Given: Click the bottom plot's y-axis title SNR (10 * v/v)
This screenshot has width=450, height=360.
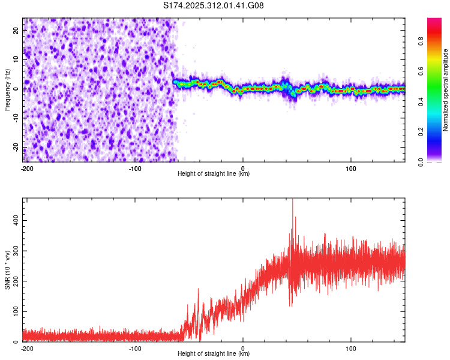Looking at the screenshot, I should pos(7,271).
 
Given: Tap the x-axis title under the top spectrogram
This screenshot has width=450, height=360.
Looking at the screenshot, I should pos(214,173).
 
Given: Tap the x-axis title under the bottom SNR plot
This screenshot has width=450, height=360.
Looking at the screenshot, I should pos(214,353).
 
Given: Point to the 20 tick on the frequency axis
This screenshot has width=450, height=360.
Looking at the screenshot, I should pos(17,30).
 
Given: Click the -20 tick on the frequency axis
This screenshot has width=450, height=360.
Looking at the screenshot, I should pos(16,148).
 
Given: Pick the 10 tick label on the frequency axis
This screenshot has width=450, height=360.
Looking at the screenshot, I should pos(17,59).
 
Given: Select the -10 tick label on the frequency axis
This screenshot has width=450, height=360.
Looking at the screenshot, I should pos(16,118).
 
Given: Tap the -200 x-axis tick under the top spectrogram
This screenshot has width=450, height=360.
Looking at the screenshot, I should pos(26,168).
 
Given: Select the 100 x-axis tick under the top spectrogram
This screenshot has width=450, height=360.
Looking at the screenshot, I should pos(351,168).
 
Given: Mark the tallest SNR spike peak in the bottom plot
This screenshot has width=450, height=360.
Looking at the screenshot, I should pos(292,200).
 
